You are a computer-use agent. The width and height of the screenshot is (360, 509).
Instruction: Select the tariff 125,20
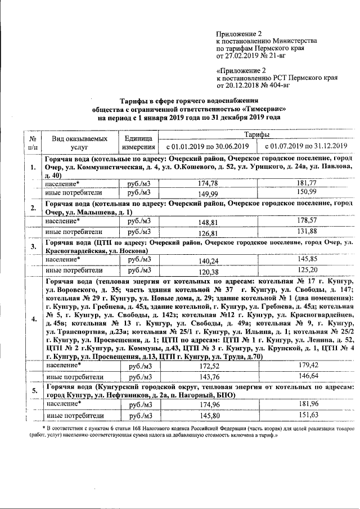(x=306, y=271)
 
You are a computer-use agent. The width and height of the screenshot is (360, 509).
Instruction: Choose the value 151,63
(x=306, y=415)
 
